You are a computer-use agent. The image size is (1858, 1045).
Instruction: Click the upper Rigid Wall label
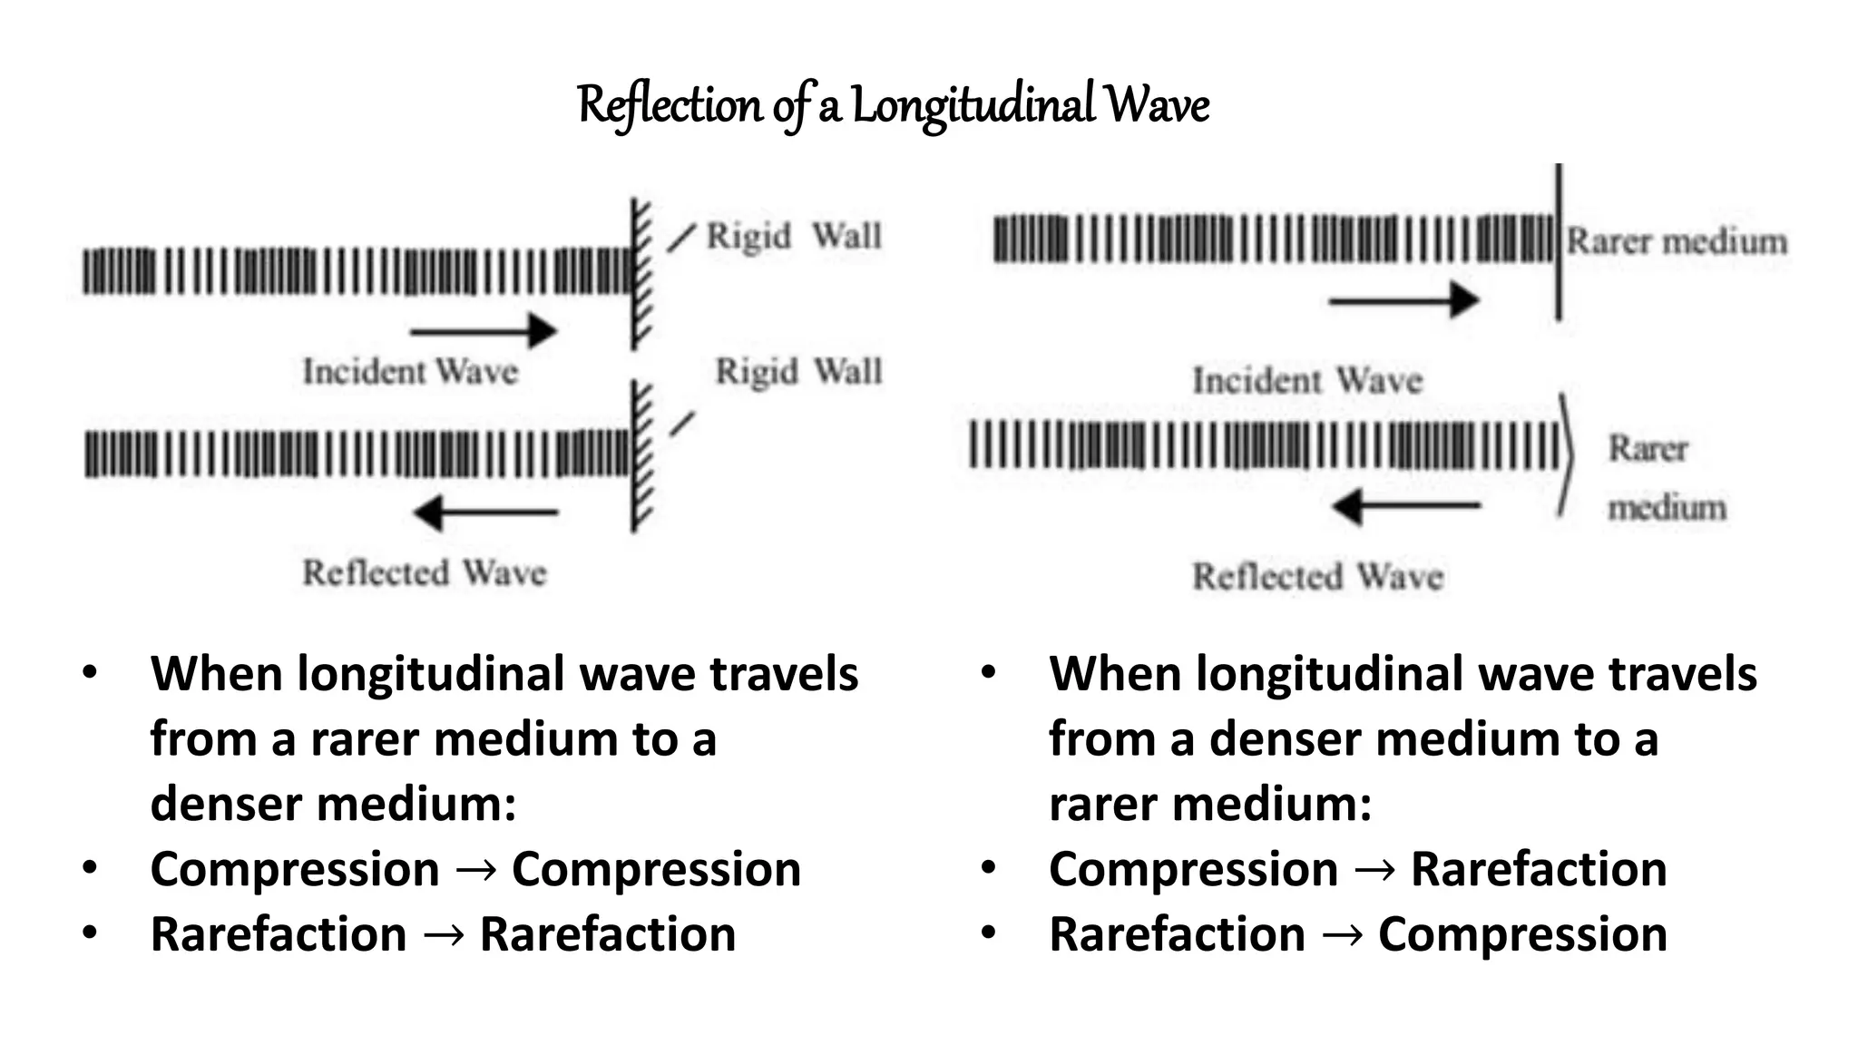coord(794,236)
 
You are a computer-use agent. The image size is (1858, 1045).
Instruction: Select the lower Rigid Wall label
coord(798,372)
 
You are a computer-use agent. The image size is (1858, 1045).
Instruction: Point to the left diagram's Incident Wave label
coord(410,372)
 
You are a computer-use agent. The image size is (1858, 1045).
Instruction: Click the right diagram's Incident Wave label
coord(1306,380)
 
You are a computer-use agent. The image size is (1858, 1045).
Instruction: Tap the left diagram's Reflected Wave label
coord(425,572)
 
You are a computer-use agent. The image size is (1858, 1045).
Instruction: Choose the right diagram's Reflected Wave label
coord(1317,576)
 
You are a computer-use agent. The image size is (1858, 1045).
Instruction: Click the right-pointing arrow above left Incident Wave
coord(483,331)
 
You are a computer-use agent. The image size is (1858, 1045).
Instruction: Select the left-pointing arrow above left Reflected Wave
coord(486,513)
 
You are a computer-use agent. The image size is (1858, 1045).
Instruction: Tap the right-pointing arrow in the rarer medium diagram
coord(1403,300)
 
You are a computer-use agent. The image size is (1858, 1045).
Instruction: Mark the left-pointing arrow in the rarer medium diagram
coord(1406,506)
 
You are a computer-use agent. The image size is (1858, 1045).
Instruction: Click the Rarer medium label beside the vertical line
coord(1677,242)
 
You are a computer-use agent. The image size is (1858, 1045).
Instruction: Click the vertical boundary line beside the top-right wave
coord(1559,242)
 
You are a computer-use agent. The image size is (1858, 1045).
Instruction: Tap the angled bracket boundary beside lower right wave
coord(1567,454)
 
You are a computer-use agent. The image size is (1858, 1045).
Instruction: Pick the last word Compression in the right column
coord(1522,934)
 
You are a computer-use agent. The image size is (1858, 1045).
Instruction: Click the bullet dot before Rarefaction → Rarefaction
coord(89,933)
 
